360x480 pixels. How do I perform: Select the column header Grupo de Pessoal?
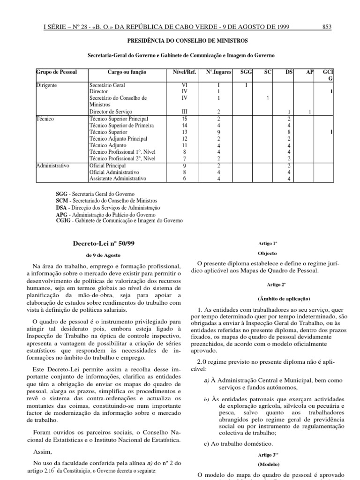pyautogui.click(x=57, y=73)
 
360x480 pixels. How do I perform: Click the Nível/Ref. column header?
pyautogui.click(x=184, y=73)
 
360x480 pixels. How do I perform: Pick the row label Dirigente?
pyautogui.click(x=48, y=86)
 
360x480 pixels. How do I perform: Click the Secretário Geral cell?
pyautogui.click(x=107, y=86)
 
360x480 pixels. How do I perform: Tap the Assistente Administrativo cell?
pyautogui.click(x=118, y=179)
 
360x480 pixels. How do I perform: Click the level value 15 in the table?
pyautogui.click(x=184, y=119)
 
